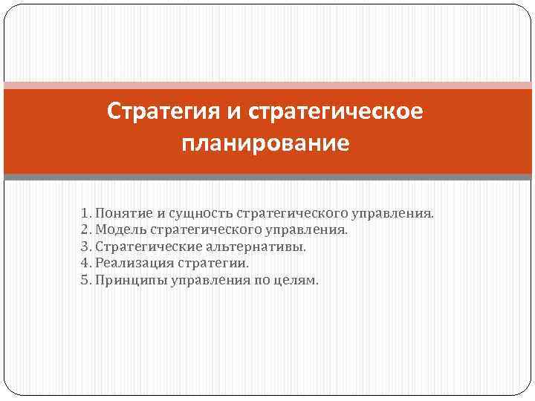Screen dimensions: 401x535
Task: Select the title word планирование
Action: click(265, 141)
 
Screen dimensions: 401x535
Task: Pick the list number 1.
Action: click(85, 214)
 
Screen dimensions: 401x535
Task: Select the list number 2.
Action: click(85, 230)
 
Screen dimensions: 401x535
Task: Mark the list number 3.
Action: click(85, 247)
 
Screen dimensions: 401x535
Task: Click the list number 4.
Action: click(85, 263)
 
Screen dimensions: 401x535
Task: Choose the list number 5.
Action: click(85, 280)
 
